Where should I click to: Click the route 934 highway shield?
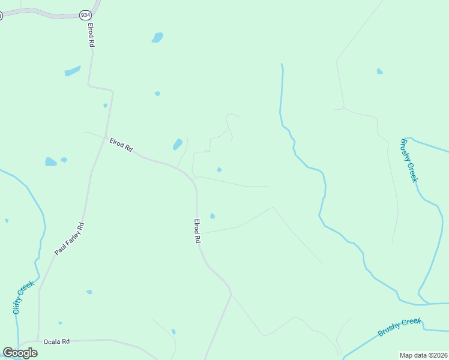[x=85, y=14]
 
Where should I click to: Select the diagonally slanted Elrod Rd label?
[x=121, y=145]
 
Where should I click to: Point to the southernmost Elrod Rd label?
[x=196, y=230]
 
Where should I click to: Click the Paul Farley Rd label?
[x=70, y=239]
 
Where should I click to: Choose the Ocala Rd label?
[x=57, y=341]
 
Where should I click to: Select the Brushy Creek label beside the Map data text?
[x=400, y=327]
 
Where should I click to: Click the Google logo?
[x=20, y=353]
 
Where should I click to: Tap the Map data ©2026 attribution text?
[x=423, y=355]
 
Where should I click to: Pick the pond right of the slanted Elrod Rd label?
[x=178, y=144]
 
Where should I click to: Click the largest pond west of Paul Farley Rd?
[x=50, y=162]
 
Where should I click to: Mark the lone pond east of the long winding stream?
[x=379, y=71]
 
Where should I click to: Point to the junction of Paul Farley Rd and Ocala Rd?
[x=38, y=340]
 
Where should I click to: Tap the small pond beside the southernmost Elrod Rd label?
[x=212, y=216]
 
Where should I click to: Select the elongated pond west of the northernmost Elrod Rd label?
[x=73, y=71]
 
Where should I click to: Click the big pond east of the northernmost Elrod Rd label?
[x=157, y=38]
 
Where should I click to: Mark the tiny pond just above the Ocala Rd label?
[x=60, y=323]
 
